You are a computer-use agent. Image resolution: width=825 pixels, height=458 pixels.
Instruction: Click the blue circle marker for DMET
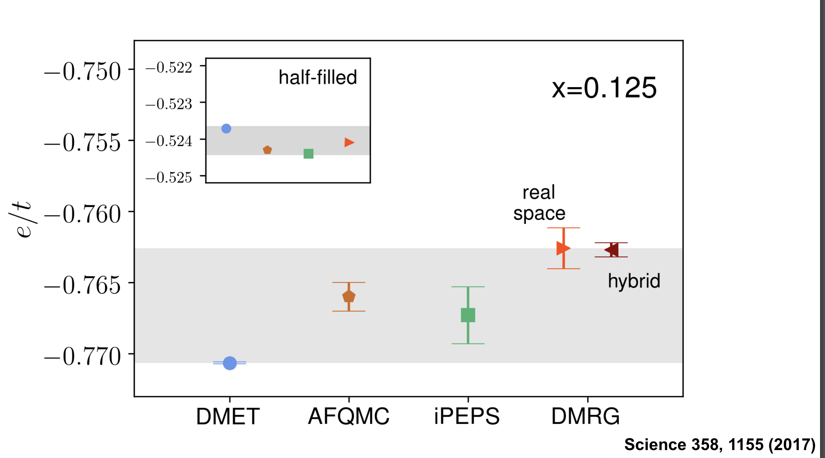pyautogui.click(x=230, y=363)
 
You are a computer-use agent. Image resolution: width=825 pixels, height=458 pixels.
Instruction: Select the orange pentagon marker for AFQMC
pyautogui.click(x=349, y=297)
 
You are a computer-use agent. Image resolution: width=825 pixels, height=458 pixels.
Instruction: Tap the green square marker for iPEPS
pyautogui.click(x=468, y=315)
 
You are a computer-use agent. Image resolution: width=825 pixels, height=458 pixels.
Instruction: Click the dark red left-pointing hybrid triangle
pyautogui.click(x=612, y=250)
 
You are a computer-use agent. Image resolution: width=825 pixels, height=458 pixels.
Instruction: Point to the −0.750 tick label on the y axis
pyautogui.click(x=83, y=72)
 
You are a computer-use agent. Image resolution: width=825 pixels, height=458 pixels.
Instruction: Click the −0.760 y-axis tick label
pyautogui.click(x=83, y=214)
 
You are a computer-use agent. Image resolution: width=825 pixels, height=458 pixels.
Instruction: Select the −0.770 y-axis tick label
pyautogui.click(x=83, y=357)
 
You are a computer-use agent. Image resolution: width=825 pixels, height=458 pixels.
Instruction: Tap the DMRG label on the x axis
pyautogui.click(x=585, y=416)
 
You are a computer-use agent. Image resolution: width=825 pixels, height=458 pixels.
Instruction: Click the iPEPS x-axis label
pyautogui.click(x=467, y=416)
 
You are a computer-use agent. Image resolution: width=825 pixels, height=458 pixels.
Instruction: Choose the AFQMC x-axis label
pyautogui.click(x=348, y=416)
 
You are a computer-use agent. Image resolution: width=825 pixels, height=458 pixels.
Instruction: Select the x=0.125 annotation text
pyautogui.click(x=604, y=88)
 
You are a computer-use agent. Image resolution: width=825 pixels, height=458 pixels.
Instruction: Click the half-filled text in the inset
pyautogui.click(x=318, y=77)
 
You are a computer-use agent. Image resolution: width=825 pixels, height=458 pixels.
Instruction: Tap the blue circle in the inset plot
pyautogui.click(x=226, y=128)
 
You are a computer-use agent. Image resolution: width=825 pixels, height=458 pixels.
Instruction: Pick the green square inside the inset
pyautogui.click(x=308, y=154)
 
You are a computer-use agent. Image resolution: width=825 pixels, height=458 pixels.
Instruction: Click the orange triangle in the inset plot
pyautogui.click(x=349, y=142)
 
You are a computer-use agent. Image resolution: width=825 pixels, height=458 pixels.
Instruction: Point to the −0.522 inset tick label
pyautogui.click(x=169, y=68)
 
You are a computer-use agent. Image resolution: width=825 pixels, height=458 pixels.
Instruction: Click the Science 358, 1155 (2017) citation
pyautogui.click(x=720, y=444)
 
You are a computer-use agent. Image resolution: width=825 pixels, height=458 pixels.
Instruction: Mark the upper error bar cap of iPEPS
pyautogui.click(x=468, y=287)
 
